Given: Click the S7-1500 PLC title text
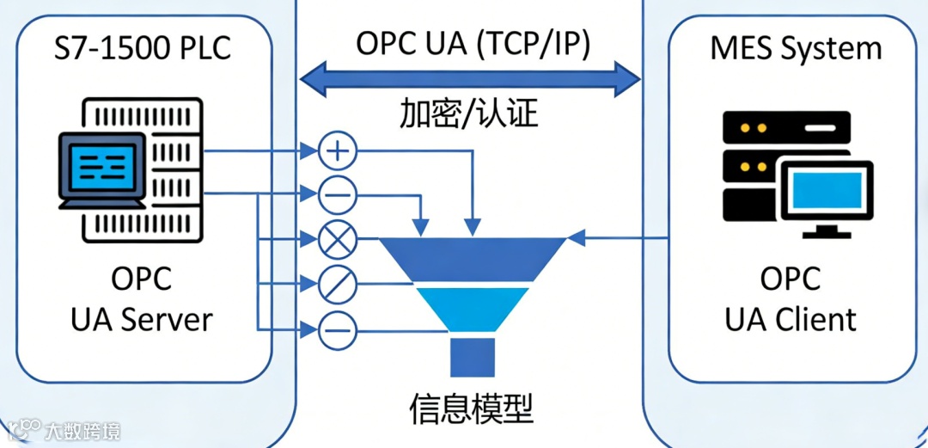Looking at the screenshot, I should tap(143, 49).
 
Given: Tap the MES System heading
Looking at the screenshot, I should tap(797, 48).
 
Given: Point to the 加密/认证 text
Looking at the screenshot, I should tap(469, 114).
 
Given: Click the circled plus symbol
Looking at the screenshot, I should tap(338, 153).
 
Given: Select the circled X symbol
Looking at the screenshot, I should tap(338, 241).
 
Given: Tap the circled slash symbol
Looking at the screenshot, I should tap(338, 284).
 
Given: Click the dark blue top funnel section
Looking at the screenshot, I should tap(472, 259).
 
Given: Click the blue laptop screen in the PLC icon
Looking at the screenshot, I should tap(101, 166).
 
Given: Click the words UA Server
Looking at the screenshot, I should tap(142, 320).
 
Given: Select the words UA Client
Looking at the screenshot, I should tap(791, 320).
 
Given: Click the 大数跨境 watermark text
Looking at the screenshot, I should tap(82, 431).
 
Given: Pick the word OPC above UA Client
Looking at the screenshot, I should tap(791, 279).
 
